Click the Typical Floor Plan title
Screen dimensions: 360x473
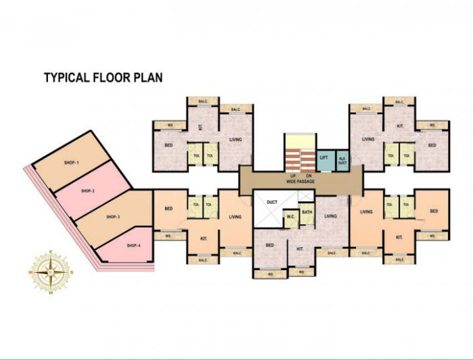click(x=103, y=77)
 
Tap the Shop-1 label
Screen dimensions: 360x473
click(x=72, y=163)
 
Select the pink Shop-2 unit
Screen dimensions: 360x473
click(x=87, y=191)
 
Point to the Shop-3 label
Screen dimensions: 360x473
click(x=113, y=217)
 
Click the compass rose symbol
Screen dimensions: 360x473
click(x=51, y=272)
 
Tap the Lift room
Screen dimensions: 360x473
click(x=324, y=158)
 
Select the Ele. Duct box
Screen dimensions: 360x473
click(x=342, y=159)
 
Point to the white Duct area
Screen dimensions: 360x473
click(x=272, y=201)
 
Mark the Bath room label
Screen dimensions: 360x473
click(x=307, y=213)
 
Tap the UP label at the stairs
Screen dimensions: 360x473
click(x=294, y=176)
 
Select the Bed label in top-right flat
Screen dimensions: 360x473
click(x=432, y=145)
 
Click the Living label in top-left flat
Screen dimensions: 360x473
click(x=235, y=140)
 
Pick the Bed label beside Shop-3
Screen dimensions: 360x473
click(x=168, y=209)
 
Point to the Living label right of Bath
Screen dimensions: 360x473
click(x=330, y=216)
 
